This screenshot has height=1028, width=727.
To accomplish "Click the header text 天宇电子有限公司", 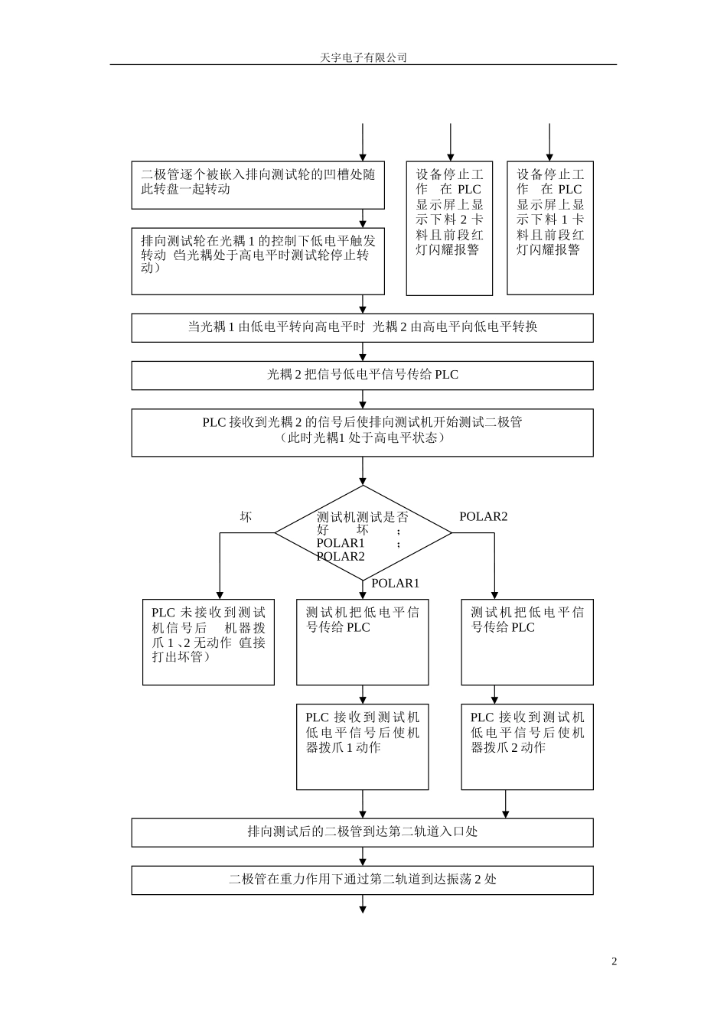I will (363, 57).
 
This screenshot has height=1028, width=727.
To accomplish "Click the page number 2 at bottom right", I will (614, 961).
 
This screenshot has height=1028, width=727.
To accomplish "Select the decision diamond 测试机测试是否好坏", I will (363, 533).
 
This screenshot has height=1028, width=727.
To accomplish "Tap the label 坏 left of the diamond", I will (246, 517).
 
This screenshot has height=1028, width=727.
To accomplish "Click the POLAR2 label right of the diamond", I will (483, 516).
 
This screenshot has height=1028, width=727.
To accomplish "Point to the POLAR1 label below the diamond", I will (395, 584).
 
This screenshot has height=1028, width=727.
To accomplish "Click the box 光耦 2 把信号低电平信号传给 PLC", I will (362, 375).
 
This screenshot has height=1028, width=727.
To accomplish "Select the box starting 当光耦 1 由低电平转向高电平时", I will (362, 327).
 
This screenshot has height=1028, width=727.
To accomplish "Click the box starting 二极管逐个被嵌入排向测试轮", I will (258, 185).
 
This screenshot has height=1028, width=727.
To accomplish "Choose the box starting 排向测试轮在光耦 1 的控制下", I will (258, 261).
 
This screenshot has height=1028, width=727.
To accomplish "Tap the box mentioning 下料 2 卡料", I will (449, 228).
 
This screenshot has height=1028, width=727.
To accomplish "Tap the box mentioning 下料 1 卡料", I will (549, 228).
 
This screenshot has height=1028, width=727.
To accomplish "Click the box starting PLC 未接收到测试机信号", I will (208, 642).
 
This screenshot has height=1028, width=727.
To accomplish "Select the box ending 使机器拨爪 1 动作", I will (362, 747).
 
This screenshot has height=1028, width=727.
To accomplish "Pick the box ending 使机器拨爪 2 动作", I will (527, 747).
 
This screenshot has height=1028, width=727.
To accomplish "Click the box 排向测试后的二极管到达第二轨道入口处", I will (362, 832).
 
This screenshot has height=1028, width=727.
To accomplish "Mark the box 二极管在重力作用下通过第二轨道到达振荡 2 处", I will (362, 880).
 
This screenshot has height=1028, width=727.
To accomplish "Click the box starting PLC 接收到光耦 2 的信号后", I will (362, 432).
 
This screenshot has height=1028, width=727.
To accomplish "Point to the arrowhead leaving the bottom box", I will (363, 909).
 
